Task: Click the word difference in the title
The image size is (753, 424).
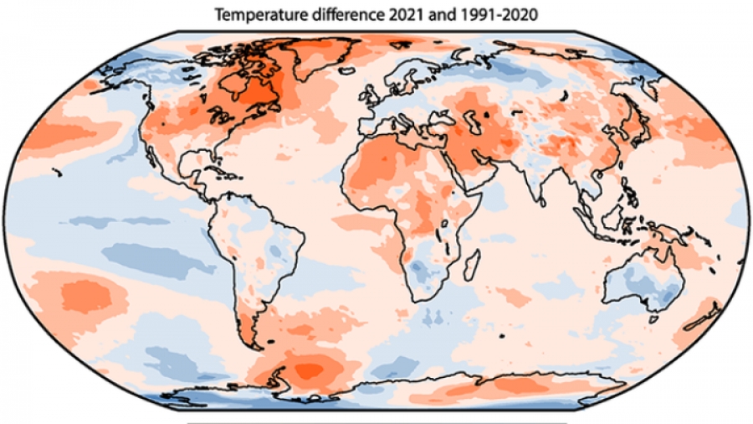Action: (329, 14)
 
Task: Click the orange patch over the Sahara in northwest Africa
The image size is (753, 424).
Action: (368, 172)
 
